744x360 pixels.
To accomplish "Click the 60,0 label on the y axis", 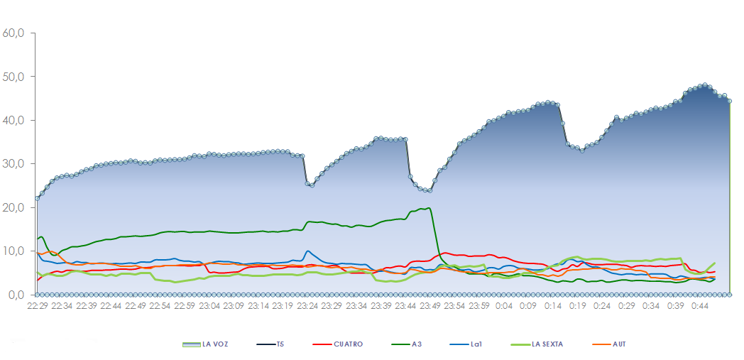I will point(13,33).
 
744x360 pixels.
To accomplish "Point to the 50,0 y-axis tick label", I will point(13,77).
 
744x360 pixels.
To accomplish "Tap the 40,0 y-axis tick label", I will point(13,121).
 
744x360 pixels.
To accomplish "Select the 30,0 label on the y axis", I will point(13,164).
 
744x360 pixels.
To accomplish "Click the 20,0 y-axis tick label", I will point(13,208).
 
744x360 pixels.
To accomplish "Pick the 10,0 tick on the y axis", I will point(13,251).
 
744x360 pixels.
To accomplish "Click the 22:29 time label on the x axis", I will point(38,306).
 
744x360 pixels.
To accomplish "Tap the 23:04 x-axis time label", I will point(209,306).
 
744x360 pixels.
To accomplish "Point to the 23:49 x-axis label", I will point(430,306).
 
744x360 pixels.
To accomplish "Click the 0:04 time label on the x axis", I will point(505,306).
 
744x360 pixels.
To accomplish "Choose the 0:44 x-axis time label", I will point(700,306).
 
